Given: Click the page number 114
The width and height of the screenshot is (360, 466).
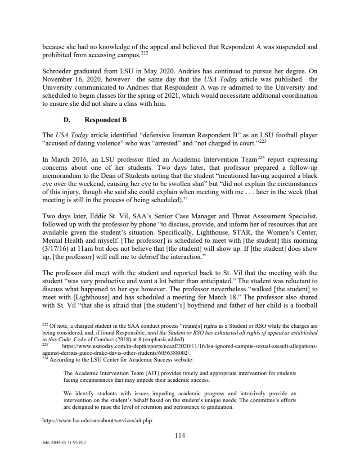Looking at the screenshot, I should coord(180,435).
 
